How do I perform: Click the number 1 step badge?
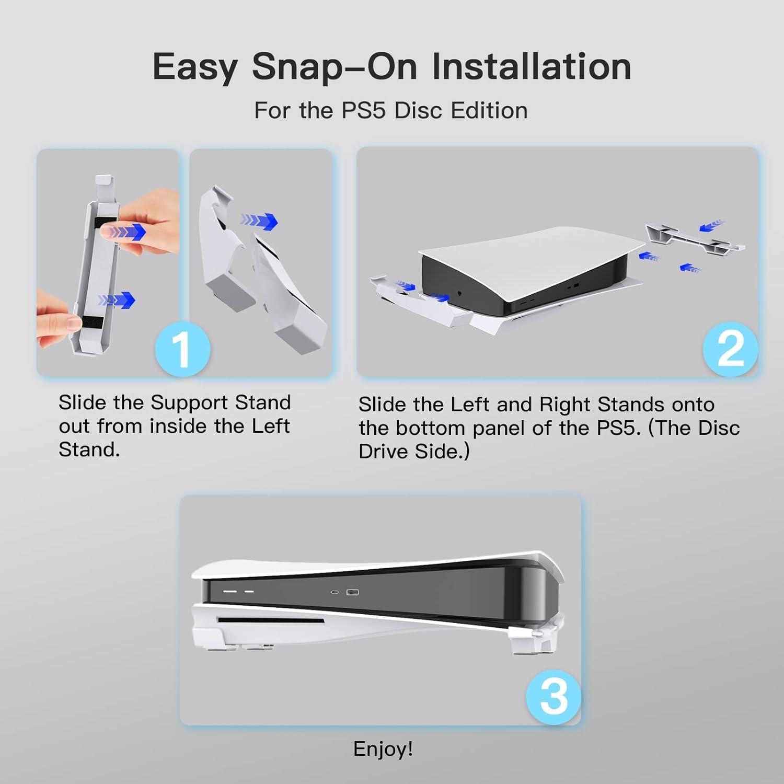coord(183,349)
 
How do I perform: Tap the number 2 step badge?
coord(731,349)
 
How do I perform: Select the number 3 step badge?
coord(554,697)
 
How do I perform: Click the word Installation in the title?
coord(532,66)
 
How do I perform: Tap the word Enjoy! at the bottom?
coord(383,749)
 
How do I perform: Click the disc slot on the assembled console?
coord(271,620)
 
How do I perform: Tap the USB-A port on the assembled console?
coord(353,593)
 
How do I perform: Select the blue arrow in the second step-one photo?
coord(259,220)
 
